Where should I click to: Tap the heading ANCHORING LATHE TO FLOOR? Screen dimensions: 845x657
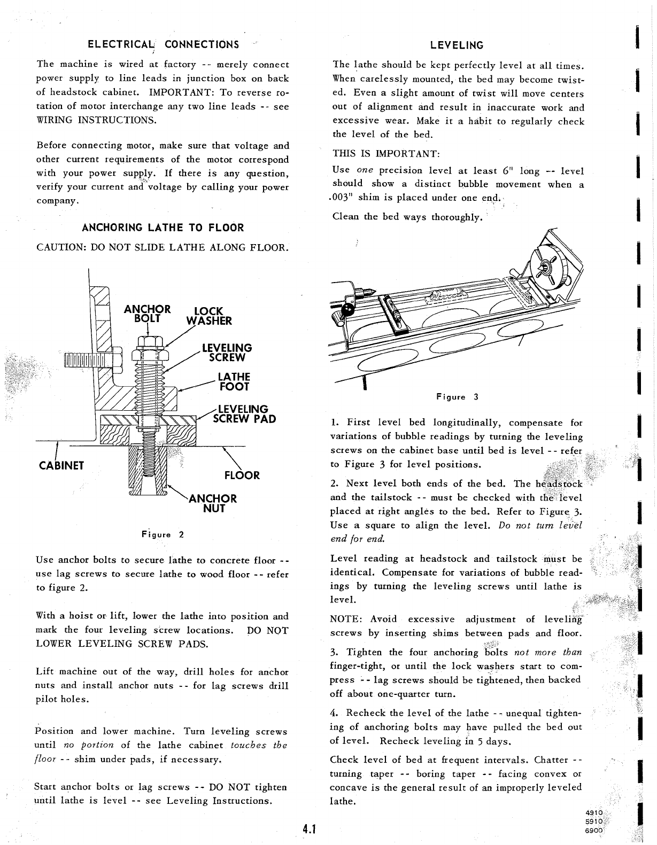pos(163,228)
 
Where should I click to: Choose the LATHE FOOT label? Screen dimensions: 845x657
pos(234,382)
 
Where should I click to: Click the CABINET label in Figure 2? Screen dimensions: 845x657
pos(62,465)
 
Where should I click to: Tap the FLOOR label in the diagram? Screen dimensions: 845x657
pos(242,475)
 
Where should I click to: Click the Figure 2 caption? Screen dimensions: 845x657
pos(163,534)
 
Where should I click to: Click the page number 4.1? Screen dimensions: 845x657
pos(309,830)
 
